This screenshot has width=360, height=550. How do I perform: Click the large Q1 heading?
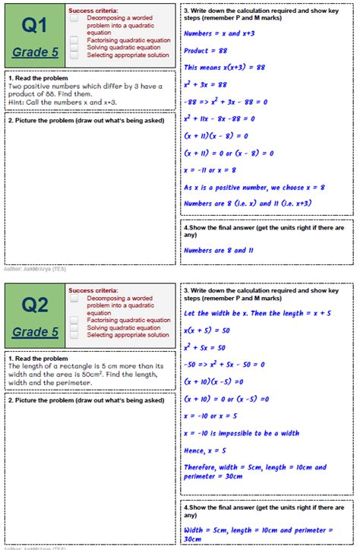click(x=34, y=26)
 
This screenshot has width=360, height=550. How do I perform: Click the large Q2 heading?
click(x=34, y=305)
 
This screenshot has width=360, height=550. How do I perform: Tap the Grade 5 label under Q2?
click(x=35, y=332)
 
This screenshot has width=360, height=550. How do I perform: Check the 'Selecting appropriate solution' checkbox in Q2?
click(x=74, y=335)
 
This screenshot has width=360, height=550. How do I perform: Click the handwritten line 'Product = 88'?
click(x=204, y=50)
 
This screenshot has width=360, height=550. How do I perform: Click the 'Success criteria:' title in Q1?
click(x=93, y=10)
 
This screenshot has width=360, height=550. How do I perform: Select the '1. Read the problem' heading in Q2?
click(x=37, y=358)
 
